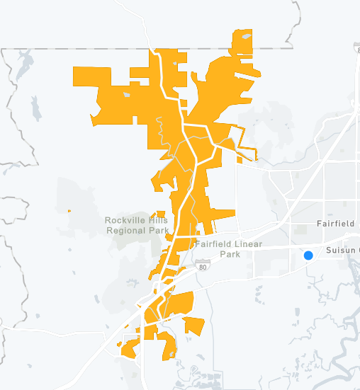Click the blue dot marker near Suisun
coord(308,256)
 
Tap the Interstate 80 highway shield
coord(203,268)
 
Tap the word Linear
coord(242,245)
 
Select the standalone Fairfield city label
coord(334,224)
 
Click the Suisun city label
coord(342,251)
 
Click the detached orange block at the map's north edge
coord(242,42)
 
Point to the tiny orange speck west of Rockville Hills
coord(69,211)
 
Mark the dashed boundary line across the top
coord(71,48)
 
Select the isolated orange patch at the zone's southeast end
coord(194,326)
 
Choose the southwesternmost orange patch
coord(130,348)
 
